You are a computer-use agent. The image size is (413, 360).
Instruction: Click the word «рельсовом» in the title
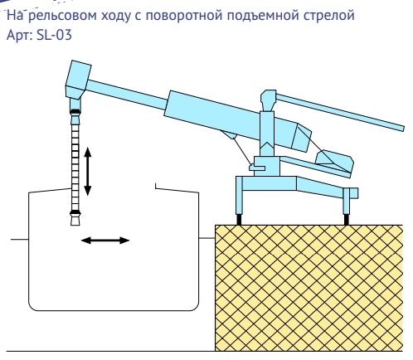[62, 16]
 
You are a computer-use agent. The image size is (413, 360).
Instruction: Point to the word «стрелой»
[328, 17]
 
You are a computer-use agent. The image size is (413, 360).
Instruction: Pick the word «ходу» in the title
[116, 17]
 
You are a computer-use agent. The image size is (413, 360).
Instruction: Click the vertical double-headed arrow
[87, 172]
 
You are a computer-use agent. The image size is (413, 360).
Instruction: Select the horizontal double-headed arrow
[105, 241]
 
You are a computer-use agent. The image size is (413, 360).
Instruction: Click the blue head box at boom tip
[78, 80]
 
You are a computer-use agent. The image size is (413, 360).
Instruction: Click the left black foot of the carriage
[239, 220]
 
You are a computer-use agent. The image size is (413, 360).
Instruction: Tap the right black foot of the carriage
[346, 220]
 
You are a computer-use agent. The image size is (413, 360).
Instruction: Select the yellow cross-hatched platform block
[309, 288]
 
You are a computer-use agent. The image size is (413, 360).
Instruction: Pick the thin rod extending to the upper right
[340, 112]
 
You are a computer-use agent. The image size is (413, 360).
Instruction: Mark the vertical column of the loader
[267, 134]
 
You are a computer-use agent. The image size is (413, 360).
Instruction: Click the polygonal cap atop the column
[268, 100]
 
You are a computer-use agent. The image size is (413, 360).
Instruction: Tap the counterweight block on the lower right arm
[335, 161]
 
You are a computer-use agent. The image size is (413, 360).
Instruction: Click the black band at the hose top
[75, 112]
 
